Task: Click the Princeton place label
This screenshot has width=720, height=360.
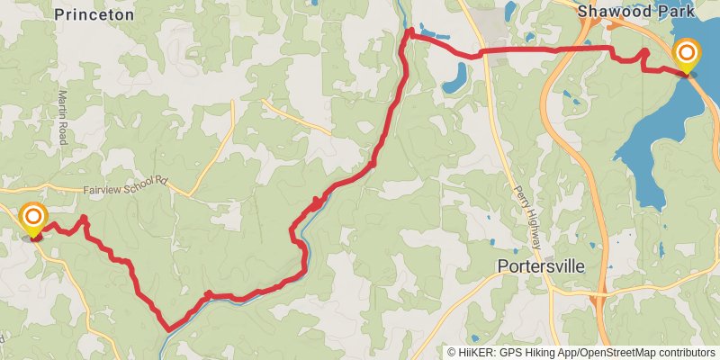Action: pos(94,14)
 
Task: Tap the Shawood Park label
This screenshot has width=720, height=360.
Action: pos(635,12)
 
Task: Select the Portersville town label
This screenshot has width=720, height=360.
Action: pos(541,266)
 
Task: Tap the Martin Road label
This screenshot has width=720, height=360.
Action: pos(63,112)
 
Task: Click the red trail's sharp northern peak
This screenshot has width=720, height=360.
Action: pos(409,31)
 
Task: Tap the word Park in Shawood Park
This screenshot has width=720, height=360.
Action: pos(676,12)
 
